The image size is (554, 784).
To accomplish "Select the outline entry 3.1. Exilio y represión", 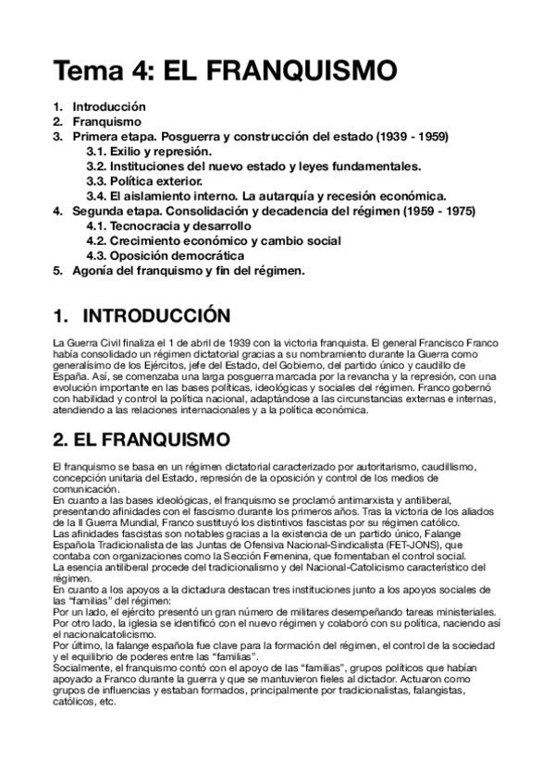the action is tap(149, 151).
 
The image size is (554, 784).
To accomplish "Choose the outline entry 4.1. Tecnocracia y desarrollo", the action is tap(167, 226).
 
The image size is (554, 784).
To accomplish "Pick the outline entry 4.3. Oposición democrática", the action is tap(166, 255).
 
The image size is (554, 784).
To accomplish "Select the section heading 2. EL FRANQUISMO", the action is tap(143, 435).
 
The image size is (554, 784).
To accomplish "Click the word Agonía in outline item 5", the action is tap(94, 270).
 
